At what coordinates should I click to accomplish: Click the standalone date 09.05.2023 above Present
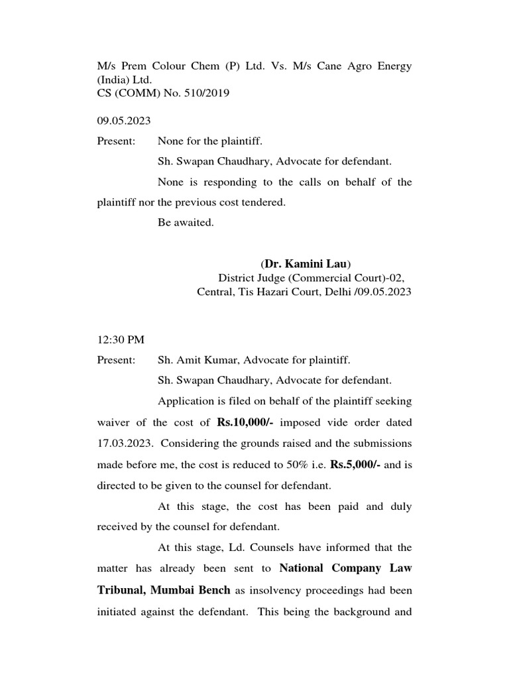pyautogui.click(x=124, y=121)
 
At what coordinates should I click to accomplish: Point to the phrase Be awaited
pyautogui.click(x=186, y=223)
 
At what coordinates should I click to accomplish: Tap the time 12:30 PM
pyautogui.click(x=121, y=339)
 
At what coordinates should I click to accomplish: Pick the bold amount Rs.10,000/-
pyautogui.click(x=245, y=422)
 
